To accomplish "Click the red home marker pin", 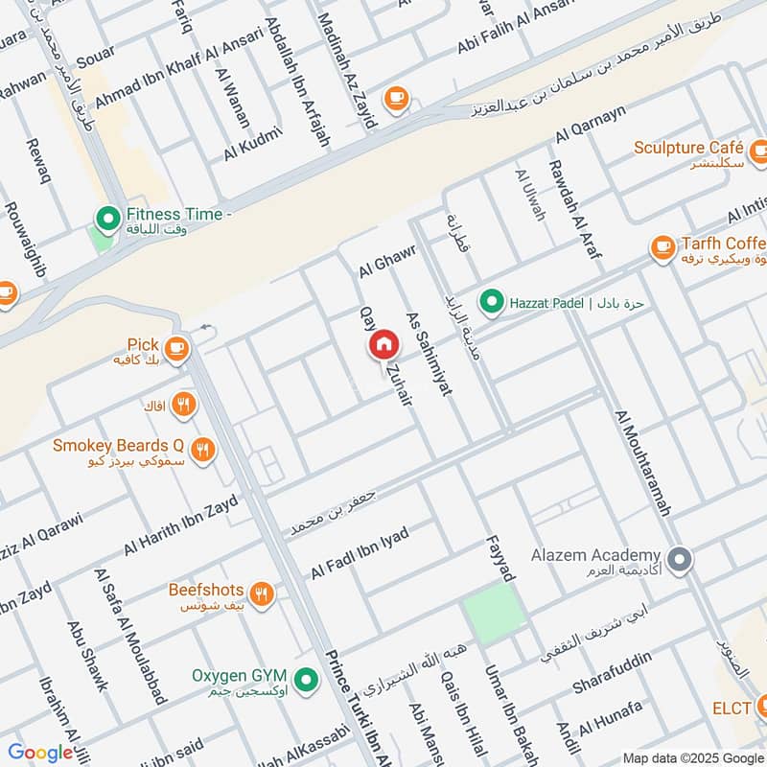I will (x=383, y=344).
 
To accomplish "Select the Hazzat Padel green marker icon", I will (x=492, y=303).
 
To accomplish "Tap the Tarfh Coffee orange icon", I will (x=662, y=247).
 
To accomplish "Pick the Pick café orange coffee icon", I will (x=175, y=349).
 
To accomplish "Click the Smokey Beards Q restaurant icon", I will (x=202, y=448).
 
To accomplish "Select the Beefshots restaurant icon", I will (x=262, y=593).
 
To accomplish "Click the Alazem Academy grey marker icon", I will (x=680, y=559).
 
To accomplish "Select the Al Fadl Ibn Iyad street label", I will (x=359, y=553).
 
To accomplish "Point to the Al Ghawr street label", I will (x=378, y=260).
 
